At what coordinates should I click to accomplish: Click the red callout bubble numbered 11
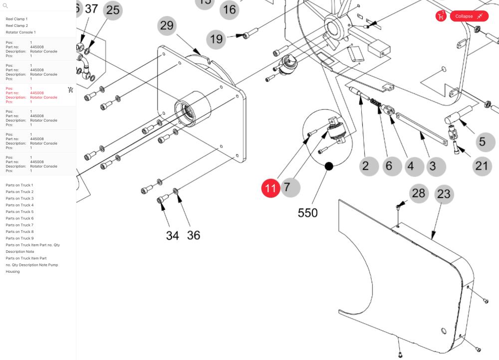[x=270, y=188]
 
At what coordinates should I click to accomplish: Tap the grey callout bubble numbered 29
[x=167, y=25]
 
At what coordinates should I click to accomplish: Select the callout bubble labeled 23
[x=444, y=194]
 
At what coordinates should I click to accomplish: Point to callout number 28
[x=419, y=193]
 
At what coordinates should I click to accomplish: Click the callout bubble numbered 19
[x=217, y=38]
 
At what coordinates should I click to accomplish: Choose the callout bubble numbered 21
[x=481, y=165]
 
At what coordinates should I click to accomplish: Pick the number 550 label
[x=307, y=213]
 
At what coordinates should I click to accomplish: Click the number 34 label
[x=172, y=235]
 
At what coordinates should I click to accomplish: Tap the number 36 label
[x=193, y=235]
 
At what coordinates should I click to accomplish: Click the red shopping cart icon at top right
[x=441, y=16]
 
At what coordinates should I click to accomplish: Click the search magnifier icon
[x=5, y=6]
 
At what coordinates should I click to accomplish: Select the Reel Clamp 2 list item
[x=16, y=25]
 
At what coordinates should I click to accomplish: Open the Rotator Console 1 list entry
[x=20, y=32]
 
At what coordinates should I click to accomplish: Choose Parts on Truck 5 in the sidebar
[x=19, y=212]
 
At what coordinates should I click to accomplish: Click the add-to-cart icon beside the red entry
[x=70, y=90]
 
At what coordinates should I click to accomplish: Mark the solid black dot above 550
[x=329, y=166]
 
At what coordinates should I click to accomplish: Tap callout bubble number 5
[x=482, y=142]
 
